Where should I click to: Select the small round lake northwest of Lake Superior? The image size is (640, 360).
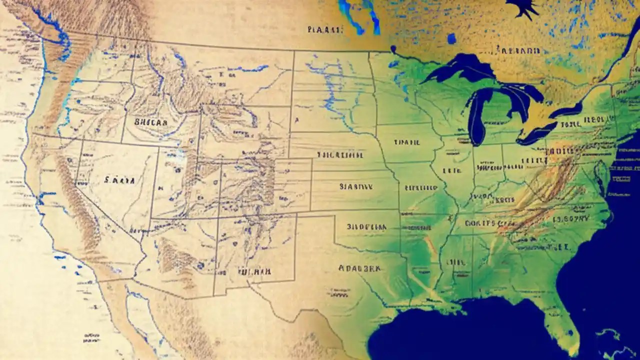coord(451,38)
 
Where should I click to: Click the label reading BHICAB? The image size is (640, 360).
coord(151,121)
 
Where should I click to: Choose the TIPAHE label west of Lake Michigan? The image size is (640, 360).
coord(406,142)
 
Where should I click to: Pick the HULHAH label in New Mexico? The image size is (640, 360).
coord(254,272)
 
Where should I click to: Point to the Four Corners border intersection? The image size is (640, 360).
coord(217,217)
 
